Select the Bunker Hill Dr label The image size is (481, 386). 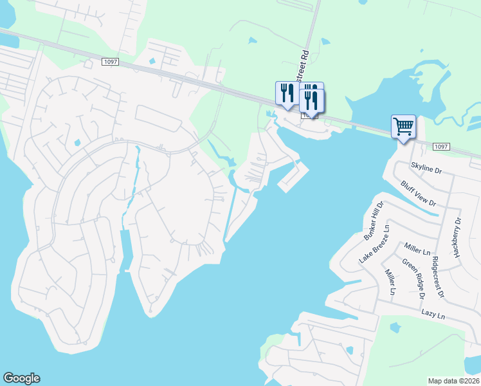click(x=374, y=221)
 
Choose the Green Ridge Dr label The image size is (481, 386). click(x=413, y=279)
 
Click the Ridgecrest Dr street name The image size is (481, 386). click(x=439, y=277)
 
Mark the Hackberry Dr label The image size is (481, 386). click(x=457, y=237)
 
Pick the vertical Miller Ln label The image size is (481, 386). click(x=390, y=283)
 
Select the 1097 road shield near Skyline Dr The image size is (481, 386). click(x=440, y=147)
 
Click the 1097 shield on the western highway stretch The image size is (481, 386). click(x=110, y=60)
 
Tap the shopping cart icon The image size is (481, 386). click(x=403, y=127)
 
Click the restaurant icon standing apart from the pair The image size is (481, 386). click(x=286, y=93)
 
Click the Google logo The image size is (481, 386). click(x=21, y=378)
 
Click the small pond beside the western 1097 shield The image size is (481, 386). click(x=152, y=62)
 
